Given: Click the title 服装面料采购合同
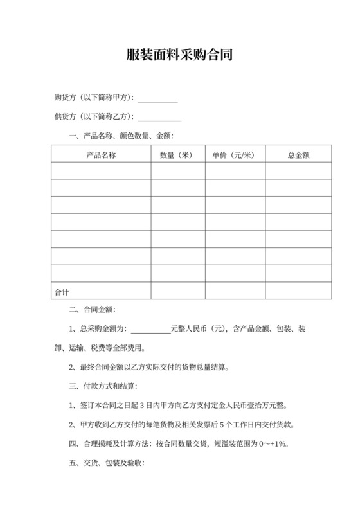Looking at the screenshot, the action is tap(179, 55).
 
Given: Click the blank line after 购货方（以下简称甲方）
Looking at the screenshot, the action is tap(157, 100).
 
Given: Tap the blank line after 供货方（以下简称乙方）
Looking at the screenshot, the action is tap(159, 120).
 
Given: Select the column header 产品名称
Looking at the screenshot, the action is tap(101, 155).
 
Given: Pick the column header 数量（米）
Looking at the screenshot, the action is tap(178, 155).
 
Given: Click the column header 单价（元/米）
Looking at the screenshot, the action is tap(235, 155).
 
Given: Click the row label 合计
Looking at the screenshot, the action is tap(62, 292).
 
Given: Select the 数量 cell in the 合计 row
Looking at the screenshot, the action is tap(178, 291).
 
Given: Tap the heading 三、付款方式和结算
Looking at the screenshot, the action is tap(103, 387).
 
